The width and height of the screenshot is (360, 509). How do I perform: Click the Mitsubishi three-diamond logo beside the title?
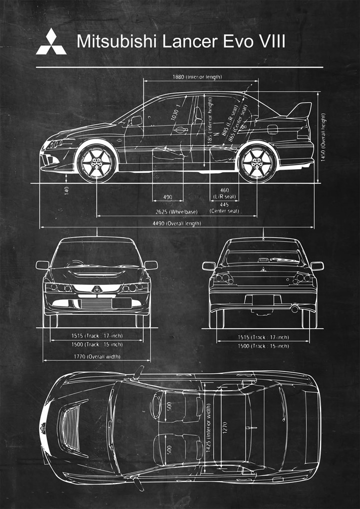[51, 41]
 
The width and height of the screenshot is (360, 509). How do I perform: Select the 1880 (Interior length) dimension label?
[197, 77]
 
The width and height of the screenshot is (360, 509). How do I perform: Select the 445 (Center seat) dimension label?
[224, 208]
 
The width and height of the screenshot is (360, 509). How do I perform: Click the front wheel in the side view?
[96, 162]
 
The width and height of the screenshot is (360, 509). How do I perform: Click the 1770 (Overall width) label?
[97, 357]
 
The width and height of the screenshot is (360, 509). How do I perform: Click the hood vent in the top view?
[69, 425]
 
